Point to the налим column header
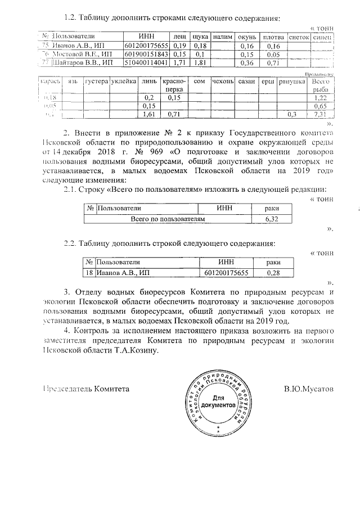tap(223, 37)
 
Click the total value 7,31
tap(320, 115)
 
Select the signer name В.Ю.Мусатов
tap(309, 389)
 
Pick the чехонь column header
tap(223, 82)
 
